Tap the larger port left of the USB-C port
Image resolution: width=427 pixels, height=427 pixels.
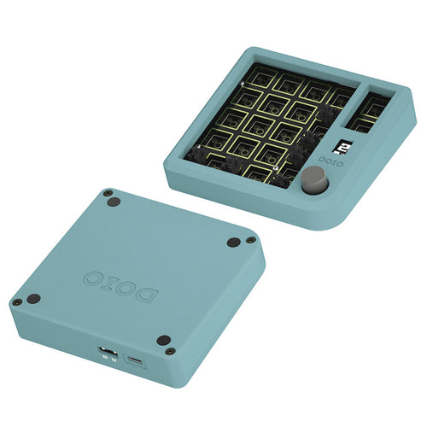pyautogui.click(x=107, y=353)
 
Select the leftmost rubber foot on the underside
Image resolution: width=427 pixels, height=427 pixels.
pyautogui.click(x=33, y=300)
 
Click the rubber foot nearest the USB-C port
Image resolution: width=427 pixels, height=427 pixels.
pyautogui.click(x=164, y=341)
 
